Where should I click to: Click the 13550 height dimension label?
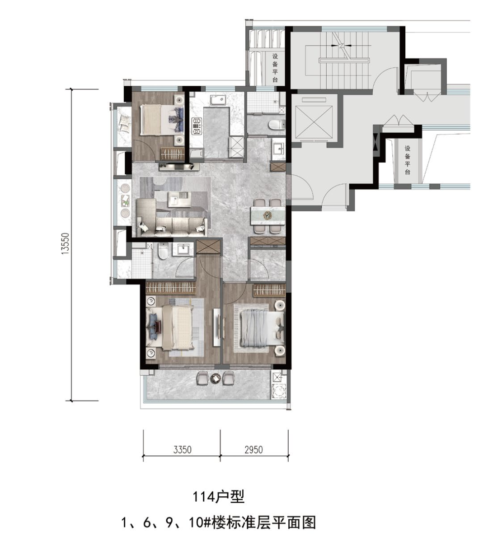tap(66, 244)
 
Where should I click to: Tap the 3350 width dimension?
tap(182, 450)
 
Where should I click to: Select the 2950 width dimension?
tap(253, 450)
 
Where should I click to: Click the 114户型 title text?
tap(219, 497)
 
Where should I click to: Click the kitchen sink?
tap(218, 100)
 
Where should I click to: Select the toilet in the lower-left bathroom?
tap(163, 251)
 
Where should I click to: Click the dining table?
tap(267, 215)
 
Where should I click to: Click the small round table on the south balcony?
tap(216, 378)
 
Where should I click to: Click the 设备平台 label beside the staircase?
tap(275, 68)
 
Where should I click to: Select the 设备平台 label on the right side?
tap(407, 160)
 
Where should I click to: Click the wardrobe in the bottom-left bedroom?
tap(171, 288)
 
